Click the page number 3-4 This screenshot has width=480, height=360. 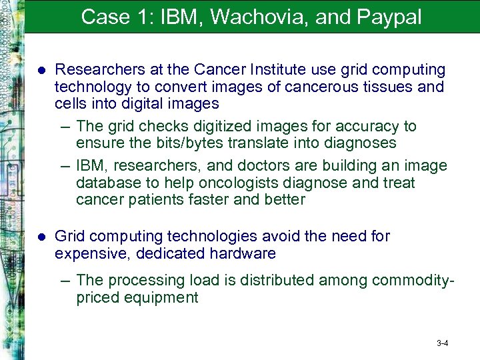[x=442, y=343]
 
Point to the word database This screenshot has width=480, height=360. [x=107, y=183]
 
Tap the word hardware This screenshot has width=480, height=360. [x=243, y=253]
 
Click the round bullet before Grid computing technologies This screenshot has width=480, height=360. [x=41, y=237]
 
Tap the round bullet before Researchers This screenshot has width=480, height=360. [x=41, y=70]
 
